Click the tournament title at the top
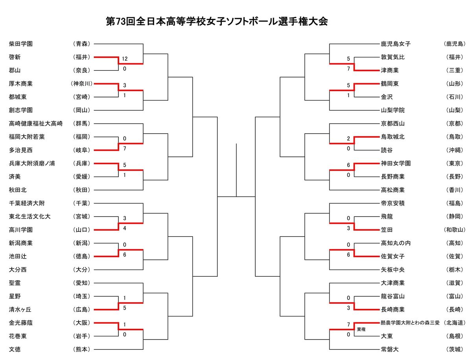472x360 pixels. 217,22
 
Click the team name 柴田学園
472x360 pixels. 20,44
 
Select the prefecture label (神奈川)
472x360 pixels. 81,84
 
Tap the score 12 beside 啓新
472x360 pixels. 125,59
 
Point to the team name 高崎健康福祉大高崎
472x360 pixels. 36,124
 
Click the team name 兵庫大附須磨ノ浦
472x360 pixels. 32,163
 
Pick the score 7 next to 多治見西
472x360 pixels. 125,149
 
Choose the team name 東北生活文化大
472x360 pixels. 29,217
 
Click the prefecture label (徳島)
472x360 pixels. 81,257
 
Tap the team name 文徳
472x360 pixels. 15,349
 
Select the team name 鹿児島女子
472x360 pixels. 396,44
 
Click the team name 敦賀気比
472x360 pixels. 393,57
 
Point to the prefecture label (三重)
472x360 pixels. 455,70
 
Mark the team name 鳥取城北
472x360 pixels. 393,137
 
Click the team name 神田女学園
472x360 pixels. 396,163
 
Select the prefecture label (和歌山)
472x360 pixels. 455,230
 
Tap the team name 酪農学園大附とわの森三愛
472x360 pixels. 410,323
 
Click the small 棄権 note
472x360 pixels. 361,329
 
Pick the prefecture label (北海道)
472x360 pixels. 455,323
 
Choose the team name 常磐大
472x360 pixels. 390,349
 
